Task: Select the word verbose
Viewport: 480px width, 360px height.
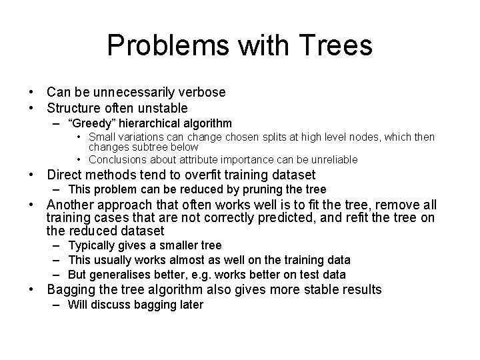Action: pyautogui.click(x=202, y=92)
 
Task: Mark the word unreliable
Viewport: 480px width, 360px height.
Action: pyautogui.click(x=333, y=159)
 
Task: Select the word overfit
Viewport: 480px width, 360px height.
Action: pyautogui.click(x=232, y=175)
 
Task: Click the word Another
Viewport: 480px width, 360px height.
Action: pyautogui.click(x=72, y=205)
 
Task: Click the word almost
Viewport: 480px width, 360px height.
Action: pyautogui.click(x=189, y=260)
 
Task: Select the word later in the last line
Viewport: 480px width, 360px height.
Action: pyautogui.click(x=189, y=305)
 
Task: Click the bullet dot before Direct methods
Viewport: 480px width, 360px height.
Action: pyautogui.click(x=31, y=175)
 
